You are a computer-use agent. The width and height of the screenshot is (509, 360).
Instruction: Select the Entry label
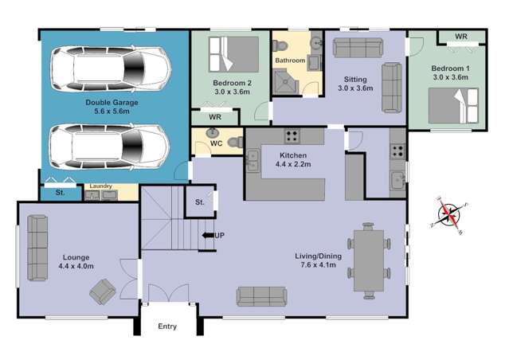167,327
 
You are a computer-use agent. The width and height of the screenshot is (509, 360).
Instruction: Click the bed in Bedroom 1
452,104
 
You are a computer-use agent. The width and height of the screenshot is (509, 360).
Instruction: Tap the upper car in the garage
110,67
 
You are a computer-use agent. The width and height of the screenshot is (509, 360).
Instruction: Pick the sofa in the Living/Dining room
261,296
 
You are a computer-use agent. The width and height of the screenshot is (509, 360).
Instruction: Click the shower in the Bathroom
284,82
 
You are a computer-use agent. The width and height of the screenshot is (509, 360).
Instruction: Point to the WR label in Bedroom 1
461,37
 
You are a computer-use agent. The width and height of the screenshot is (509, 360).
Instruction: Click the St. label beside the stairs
199,202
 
